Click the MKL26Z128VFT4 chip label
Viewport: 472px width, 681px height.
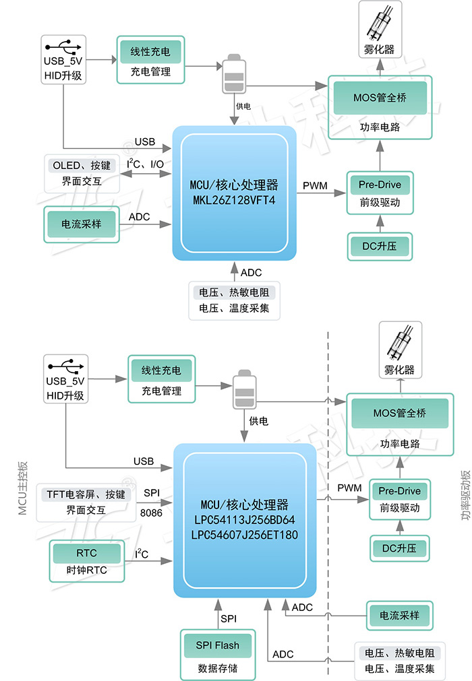[x=234, y=200]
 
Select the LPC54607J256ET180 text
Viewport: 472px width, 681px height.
[x=245, y=535]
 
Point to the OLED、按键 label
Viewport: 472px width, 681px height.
[x=82, y=166]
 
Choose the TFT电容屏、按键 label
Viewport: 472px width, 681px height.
[x=86, y=494]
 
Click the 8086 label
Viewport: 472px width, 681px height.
[x=151, y=513]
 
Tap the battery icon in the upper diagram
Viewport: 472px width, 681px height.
[x=234, y=74]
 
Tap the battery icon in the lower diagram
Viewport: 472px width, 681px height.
[x=245, y=389]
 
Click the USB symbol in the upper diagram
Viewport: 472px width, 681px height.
[x=63, y=46]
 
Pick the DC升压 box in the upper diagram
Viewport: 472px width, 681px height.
[x=380, y=247]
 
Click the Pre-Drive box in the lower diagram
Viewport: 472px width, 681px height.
[x=399, y=499]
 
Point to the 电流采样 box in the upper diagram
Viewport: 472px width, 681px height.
[x=82, y=224]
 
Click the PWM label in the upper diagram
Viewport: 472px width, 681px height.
[x=315, y=186]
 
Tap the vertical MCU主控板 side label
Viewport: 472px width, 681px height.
[x=23, y=488]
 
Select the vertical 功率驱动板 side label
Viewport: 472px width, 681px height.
[x=466, y=494]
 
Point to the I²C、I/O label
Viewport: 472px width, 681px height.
[x=145, y=164]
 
